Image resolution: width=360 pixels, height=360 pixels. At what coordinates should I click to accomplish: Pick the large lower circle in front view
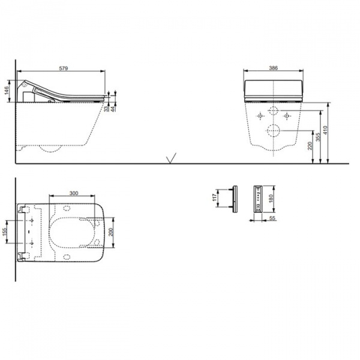pyautogui.click(x=273, y=131)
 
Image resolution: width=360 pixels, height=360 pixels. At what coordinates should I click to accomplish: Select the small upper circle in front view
pyautogui.click(x=273, y=112)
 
